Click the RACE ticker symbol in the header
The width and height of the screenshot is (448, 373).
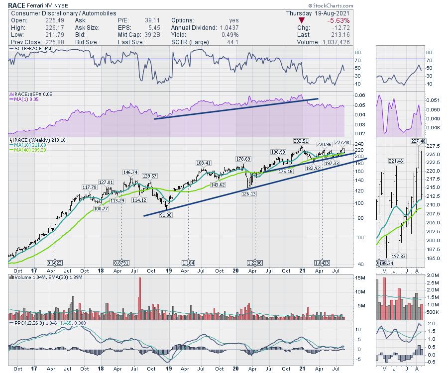coord(16,5)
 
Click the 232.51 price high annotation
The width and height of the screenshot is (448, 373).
coord(301,142)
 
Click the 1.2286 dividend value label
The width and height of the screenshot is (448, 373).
coord(255,263)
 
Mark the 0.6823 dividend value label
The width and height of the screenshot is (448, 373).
coord(55,263)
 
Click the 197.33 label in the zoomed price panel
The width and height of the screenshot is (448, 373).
coord(399,256)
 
